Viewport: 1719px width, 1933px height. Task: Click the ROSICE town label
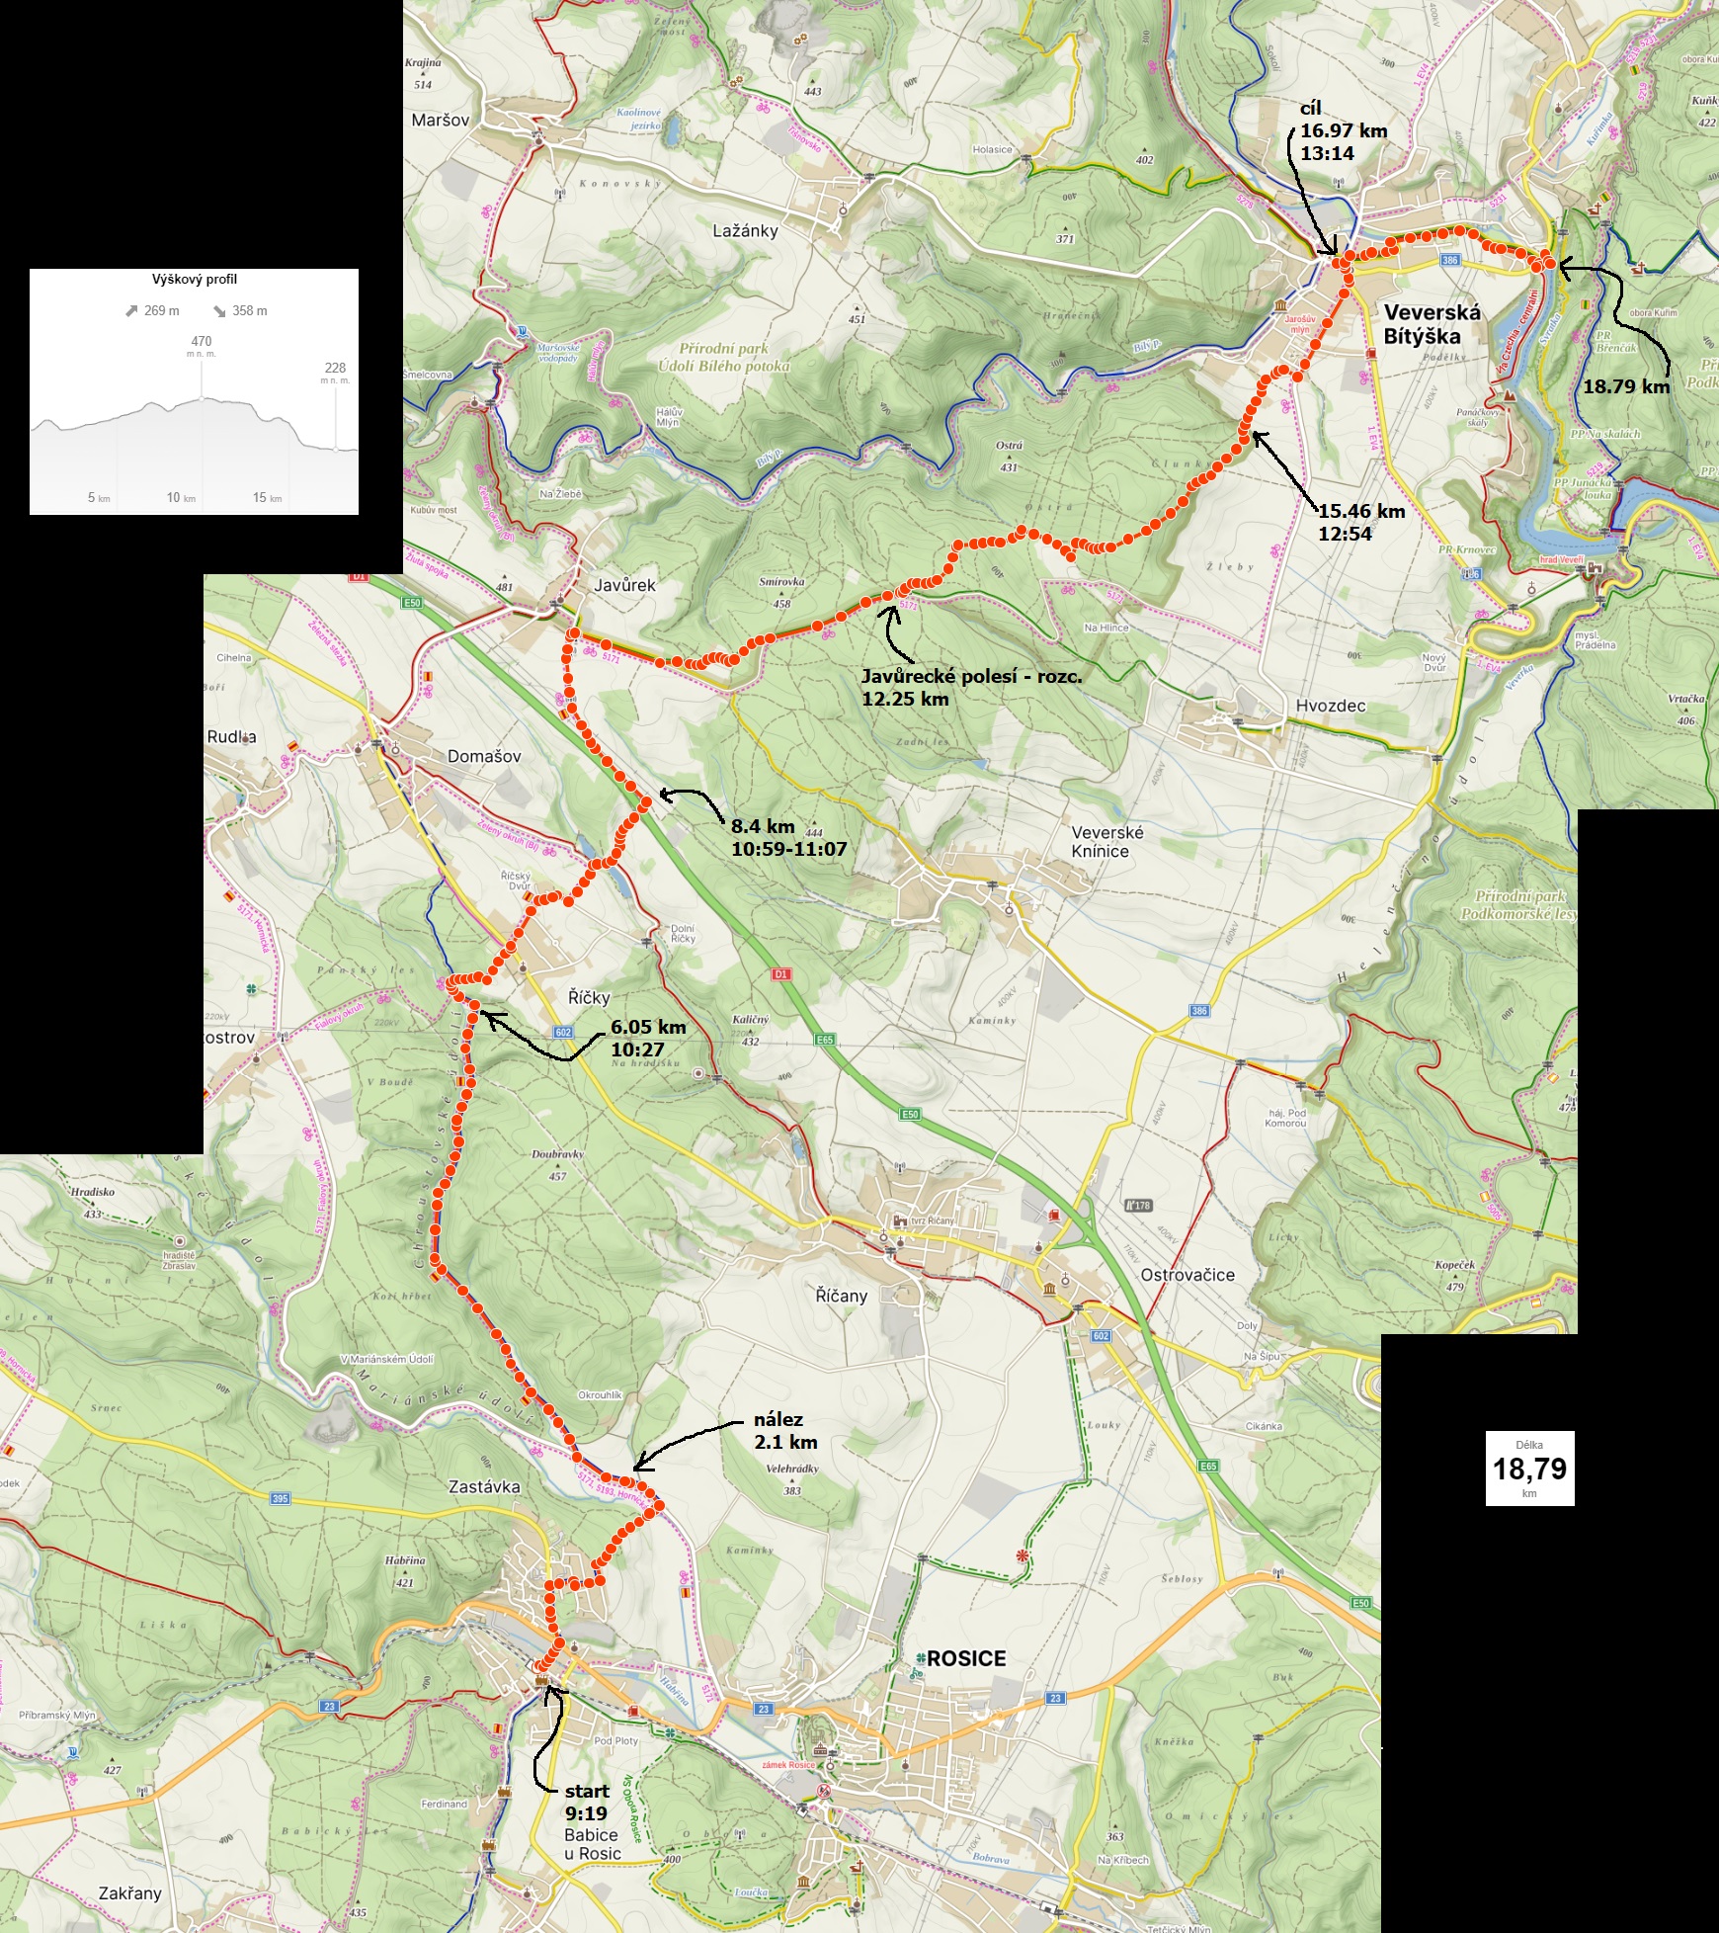pos(965,1658)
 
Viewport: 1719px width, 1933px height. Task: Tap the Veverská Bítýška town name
pos(1432,324)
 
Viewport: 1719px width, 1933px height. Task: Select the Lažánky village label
pos(745,230)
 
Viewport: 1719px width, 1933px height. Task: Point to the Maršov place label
pos(441,120)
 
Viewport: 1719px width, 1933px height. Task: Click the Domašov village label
pos(484,756)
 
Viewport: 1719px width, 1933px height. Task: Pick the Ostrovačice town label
pos(1187,1275)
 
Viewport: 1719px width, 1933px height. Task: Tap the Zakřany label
pos(129,1892)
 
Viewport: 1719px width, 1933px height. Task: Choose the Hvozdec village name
pos(1330,706)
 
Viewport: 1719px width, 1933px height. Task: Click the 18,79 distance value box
pos(1529,1469)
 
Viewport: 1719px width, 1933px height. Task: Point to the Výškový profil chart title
pos(194,280)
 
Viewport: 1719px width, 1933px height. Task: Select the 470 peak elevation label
pos(201,342)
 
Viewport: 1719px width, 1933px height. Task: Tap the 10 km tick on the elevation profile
pos(181,497)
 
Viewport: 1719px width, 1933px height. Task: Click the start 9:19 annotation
pos(587,1802)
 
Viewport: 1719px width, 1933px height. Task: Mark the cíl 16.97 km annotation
pos(1343,130)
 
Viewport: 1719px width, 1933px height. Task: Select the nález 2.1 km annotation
pos(785,1431)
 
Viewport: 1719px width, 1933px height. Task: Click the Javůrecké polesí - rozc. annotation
pos(971,687)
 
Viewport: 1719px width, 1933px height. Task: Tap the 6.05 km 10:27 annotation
pos(648,1038)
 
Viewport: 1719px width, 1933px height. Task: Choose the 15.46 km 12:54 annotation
pos(1360,522)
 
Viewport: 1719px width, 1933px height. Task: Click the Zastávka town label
pos(484,1486)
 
